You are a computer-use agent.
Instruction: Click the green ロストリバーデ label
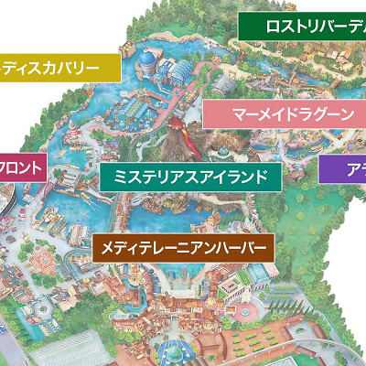(x=302, y=27)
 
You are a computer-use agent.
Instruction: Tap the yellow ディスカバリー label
(x=60, y=68)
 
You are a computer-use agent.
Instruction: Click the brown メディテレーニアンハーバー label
(x=182, y=247)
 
